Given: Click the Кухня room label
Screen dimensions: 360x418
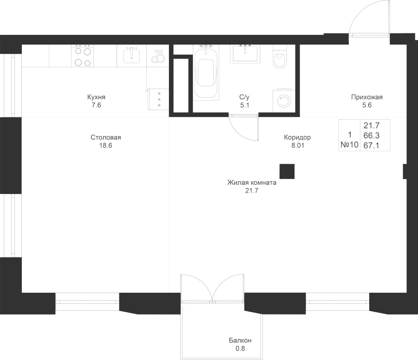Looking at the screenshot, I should (96, 97).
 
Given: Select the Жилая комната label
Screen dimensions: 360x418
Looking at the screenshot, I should (252, 183).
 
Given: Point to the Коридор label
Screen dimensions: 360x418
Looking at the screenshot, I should (297, 138).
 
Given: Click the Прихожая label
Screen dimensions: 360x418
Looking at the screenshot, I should (366, 97).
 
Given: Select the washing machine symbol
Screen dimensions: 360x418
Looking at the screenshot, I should (282, 100).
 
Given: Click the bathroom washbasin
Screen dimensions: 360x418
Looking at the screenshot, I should (245, 53).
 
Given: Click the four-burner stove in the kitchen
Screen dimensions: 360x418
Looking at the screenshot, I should (82, 57).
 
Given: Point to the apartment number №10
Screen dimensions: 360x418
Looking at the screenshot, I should (349, 145).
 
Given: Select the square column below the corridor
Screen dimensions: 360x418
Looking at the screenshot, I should (287, 171).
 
